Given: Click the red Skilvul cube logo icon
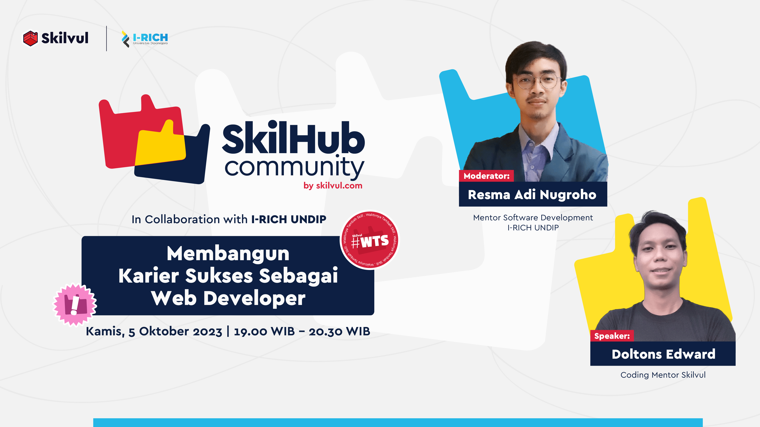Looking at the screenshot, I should (x=30, y=38).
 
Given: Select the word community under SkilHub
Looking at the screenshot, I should (x=294, y=167).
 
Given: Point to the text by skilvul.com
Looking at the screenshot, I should (x=333, y=186).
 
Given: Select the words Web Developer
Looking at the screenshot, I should (x=228, y=298).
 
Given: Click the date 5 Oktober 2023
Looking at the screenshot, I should (x=175, y=332).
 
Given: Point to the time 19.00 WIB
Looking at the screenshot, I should (x=264, y=332).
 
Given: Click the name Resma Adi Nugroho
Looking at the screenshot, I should (x=532, y=195).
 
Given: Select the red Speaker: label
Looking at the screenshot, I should (x=612, y=336).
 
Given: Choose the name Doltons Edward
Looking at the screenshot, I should (x=663, y=354).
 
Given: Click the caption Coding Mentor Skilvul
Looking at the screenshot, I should (x=663, y=375).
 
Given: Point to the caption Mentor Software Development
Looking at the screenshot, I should (x=533, y=217).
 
